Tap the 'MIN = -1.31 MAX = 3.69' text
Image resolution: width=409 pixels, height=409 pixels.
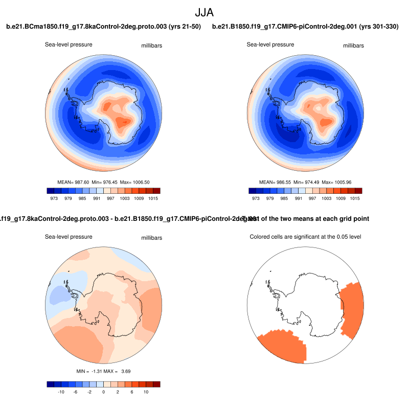(x=104, y=371)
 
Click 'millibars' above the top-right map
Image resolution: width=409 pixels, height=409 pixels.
(x=353, y=46)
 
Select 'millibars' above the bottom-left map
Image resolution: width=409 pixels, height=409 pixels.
(x=152, y=238)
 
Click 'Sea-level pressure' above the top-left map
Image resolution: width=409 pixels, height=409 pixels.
(x=69, y=44)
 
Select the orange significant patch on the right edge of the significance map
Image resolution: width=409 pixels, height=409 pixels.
(x=352, y=309)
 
